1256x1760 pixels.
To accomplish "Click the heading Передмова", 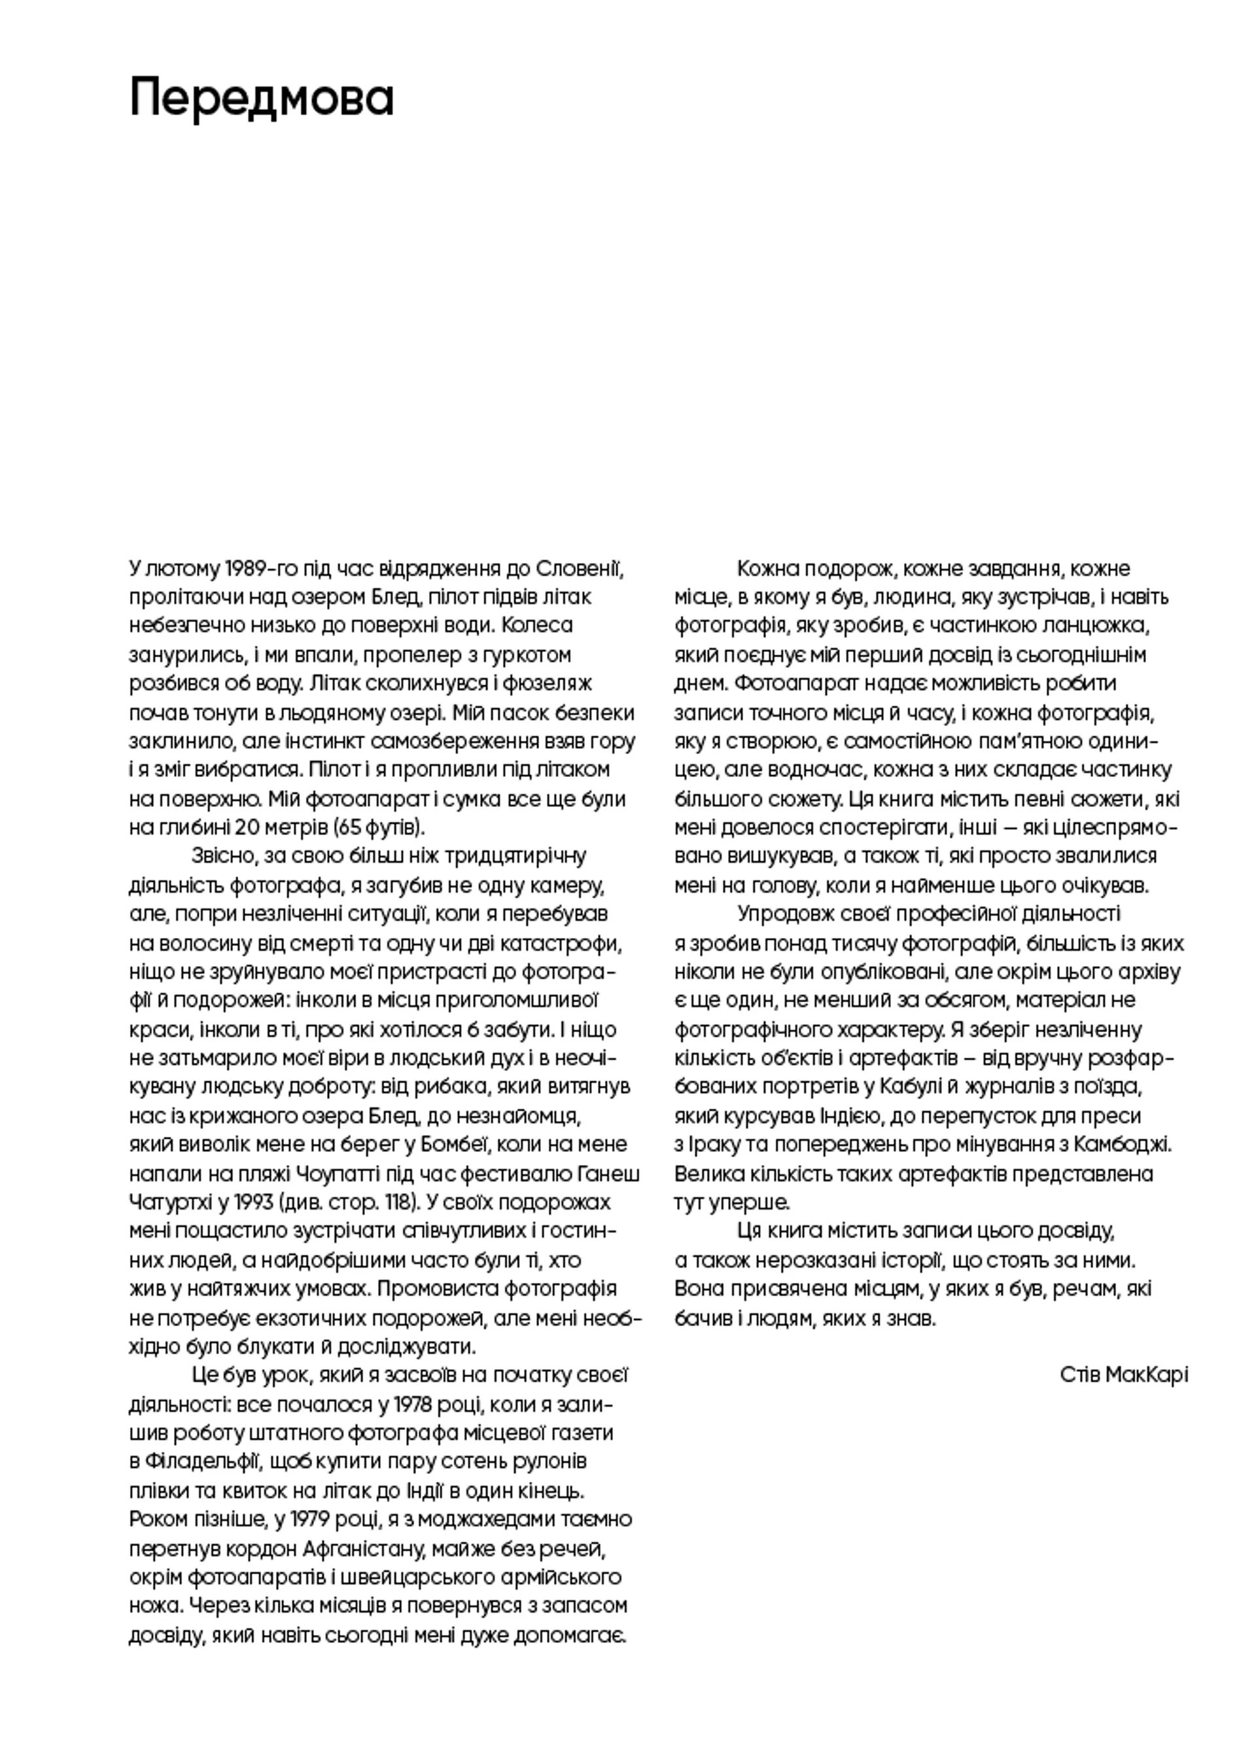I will coord(262,98).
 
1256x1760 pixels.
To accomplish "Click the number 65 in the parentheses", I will coord(349,828).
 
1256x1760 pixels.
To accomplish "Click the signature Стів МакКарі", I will coord(1124,1374).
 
